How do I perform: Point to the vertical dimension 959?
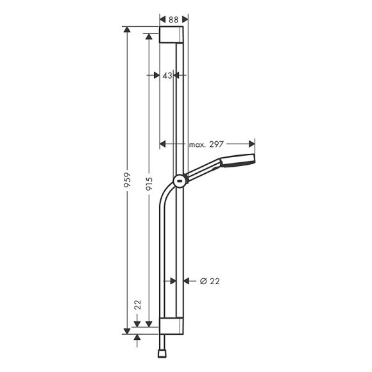pos(127,179)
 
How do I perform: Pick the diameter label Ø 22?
pos(210,280)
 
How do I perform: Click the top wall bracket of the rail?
pos(173,35)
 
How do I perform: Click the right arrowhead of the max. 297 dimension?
pos(252,144)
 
